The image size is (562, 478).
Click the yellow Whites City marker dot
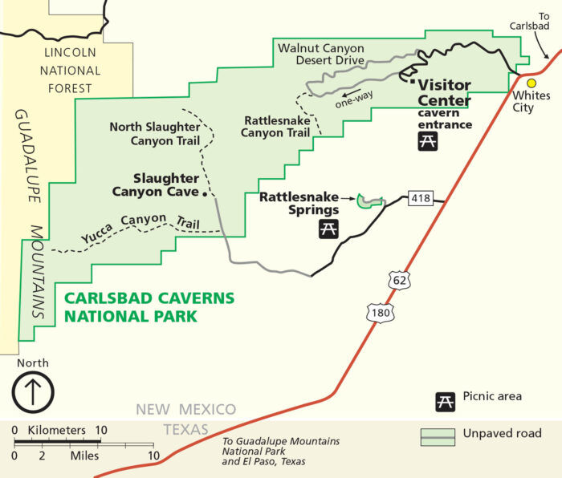tap(531, 83)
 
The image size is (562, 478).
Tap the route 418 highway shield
tap(420, 197)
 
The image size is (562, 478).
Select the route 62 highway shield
tap(399, 280)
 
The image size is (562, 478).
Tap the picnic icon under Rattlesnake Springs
tap(328, 228)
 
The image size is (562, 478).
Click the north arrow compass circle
tap(32, 393)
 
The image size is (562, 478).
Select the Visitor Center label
tap(444, 92)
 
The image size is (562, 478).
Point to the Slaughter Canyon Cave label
tap(155, 184)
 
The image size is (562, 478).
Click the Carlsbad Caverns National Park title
tap(149, 306)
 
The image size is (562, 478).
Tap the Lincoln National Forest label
tap(71, 71)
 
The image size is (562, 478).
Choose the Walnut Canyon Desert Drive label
tap(321, 54)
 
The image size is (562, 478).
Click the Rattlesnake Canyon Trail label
tap(275, 126)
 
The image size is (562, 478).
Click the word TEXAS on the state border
tap(186, 429)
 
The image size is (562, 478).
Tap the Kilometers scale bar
tap(56, 442)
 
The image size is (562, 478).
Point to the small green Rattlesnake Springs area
tap(369, 201)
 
